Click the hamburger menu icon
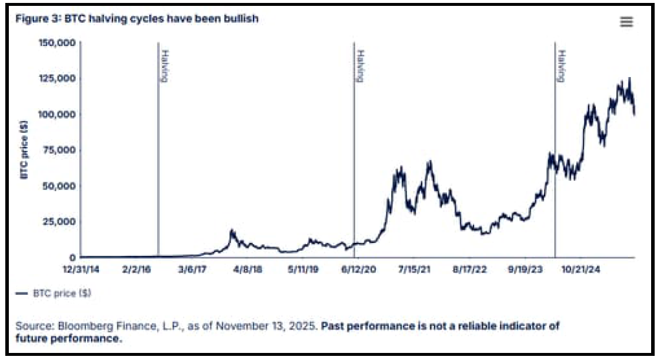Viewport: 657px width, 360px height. click(x=626, y=22)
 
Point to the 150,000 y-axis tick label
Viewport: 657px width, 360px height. click(x=56, y=42)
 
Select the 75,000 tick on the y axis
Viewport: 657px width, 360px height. click(x=59, y=149)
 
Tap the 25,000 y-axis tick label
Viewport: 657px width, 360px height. click(x=59, y=221)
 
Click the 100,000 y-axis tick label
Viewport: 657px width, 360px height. click(x=56, y=114)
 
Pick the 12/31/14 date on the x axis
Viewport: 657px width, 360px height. click(x=81, y=269)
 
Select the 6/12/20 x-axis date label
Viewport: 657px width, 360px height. click(x=358, y=269)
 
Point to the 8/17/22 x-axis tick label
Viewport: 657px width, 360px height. click(x=469, y=269)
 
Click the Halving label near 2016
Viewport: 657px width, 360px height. click(x=165, y=66)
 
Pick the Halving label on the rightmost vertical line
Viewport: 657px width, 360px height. click(x=562, y=66)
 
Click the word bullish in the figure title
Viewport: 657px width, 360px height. click(x=242, y=19)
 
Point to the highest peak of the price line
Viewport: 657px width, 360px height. click(x=629, y=78)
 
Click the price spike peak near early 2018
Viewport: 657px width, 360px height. click(x=232, y=230)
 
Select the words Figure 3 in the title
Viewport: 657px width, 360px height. click(x=32, y=19)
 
